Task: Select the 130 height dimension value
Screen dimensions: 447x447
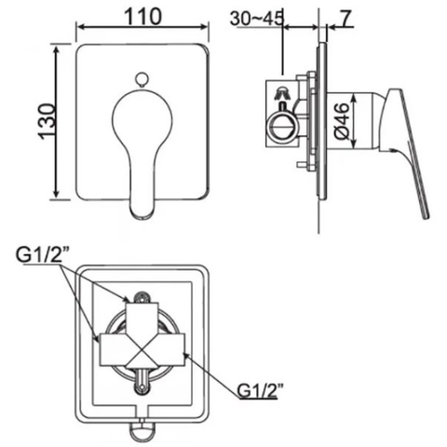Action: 40,120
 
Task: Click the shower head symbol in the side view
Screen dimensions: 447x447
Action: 280,93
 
